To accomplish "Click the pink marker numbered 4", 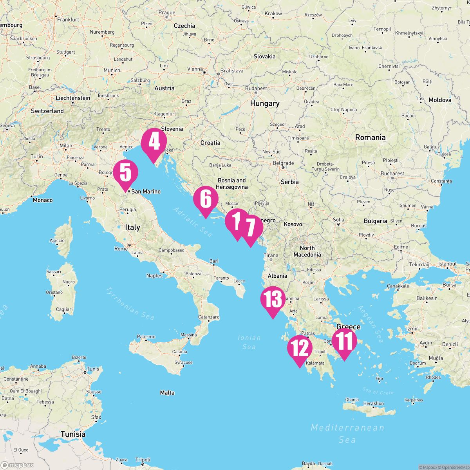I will pyautogui.click(x=154, y=142).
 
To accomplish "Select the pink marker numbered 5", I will pyautogui.click(x=125, y=173).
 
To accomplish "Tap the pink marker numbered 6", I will pyautogui.click(x=205, y=199).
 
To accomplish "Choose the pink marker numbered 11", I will pyautogui.click(x=345, y=341).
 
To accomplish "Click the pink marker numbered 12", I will pyautogui.click(x=300, y=348).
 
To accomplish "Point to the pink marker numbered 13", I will pyautogui.click(x=273, y=299).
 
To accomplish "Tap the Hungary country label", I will pyautogui.click(x=265, y=103).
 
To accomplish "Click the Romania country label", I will pyautogui.click(x=370, y=137).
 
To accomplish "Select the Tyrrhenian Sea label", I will pyautogui.click(x=129, y=304).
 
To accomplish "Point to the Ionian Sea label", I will pyautogui.click(x=249, y=342).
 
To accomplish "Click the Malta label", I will pyautogui.click(x=167, y=392).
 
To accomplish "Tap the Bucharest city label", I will pyautogui.click(x=392, y=173).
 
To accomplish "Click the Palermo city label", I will pyautogui.click(x=146, y=336).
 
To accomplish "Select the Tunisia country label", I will pyautogui.click(x=73, y=434).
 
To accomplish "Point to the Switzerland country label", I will pyautogui.click(x=47, y=111).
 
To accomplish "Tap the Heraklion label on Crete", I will pyautogui.click(x=373, y=403).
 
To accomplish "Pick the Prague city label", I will pyautogui.click(x=167, y=13).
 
